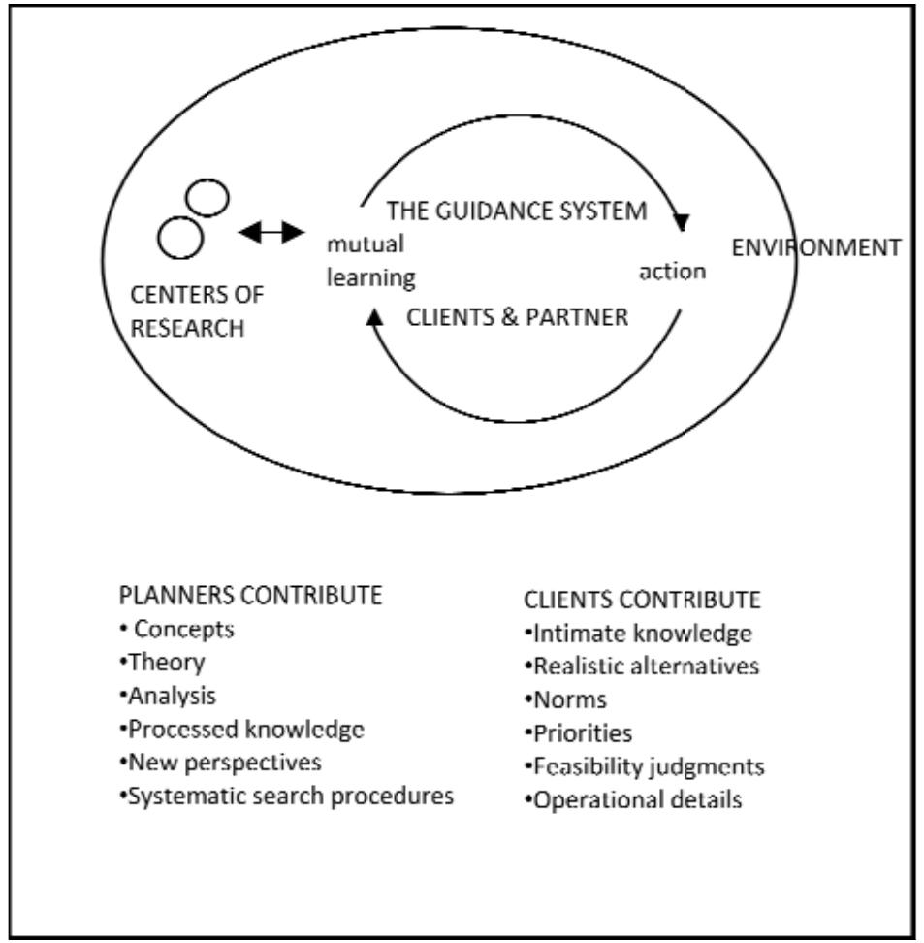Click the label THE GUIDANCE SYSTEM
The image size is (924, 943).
tap(516, 211)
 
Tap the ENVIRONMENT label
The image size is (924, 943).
tap(815, 246)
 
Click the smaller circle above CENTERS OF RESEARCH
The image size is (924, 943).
tap(208, 199)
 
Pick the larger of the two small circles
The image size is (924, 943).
tap(180, 238)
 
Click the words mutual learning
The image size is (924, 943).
tap(372, 260)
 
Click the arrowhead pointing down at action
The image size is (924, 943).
tap(682, 223)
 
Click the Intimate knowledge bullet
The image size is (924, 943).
tap(638, 635)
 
